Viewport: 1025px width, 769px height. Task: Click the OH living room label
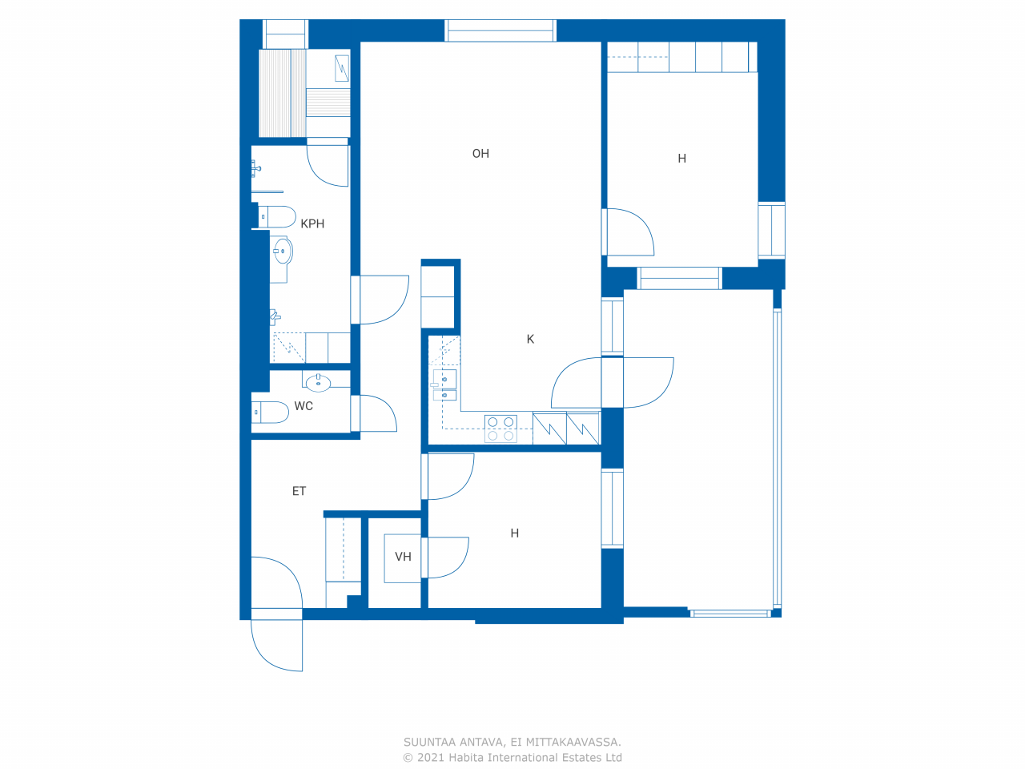pos(480,154)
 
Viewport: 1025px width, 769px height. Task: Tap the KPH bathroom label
pos(312,223)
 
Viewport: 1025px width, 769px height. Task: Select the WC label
pos(303,406)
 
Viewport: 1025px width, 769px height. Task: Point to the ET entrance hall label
pos(299,491)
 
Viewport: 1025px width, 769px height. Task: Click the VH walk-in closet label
pos(403,557)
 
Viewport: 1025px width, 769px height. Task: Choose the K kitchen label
pos(530,339)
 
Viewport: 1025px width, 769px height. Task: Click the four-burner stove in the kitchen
pos(500,429)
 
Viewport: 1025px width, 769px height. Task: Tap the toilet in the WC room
pos(271,413)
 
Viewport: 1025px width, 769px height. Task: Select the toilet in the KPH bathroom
pos(277,216)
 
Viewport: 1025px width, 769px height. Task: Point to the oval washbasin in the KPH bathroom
pos(283,252)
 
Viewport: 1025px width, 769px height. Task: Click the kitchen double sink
pos(444,385)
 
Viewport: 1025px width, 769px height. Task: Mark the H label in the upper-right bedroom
pos(681,159)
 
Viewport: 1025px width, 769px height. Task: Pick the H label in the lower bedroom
pos(515,533)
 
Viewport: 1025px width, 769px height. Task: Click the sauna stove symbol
pos(342,68)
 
